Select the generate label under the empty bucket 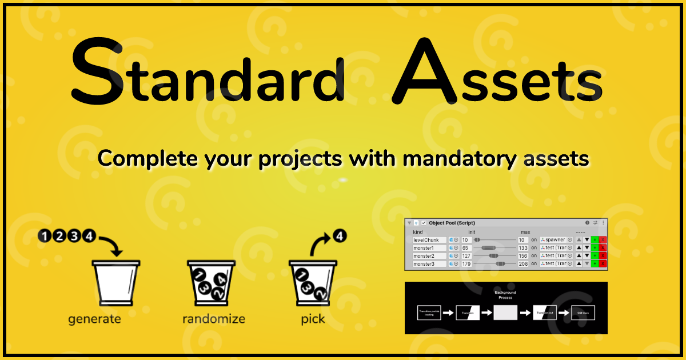tap(94, 319)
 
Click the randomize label tap(214, 319)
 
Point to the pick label tap(313, 319)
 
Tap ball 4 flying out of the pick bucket tap(340, 235)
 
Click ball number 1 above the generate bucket tap(45, 235)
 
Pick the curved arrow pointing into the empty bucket tap(111, 246)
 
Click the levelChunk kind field tap(429, 240)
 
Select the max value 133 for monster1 tap(523, 248)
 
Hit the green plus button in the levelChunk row tap(595, 240)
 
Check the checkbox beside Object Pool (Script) tap(424, 223)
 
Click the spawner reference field tap(556, 240)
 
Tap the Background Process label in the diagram tap(505, 294)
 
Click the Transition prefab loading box tap(428, 313)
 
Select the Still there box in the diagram tap(583, 313)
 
